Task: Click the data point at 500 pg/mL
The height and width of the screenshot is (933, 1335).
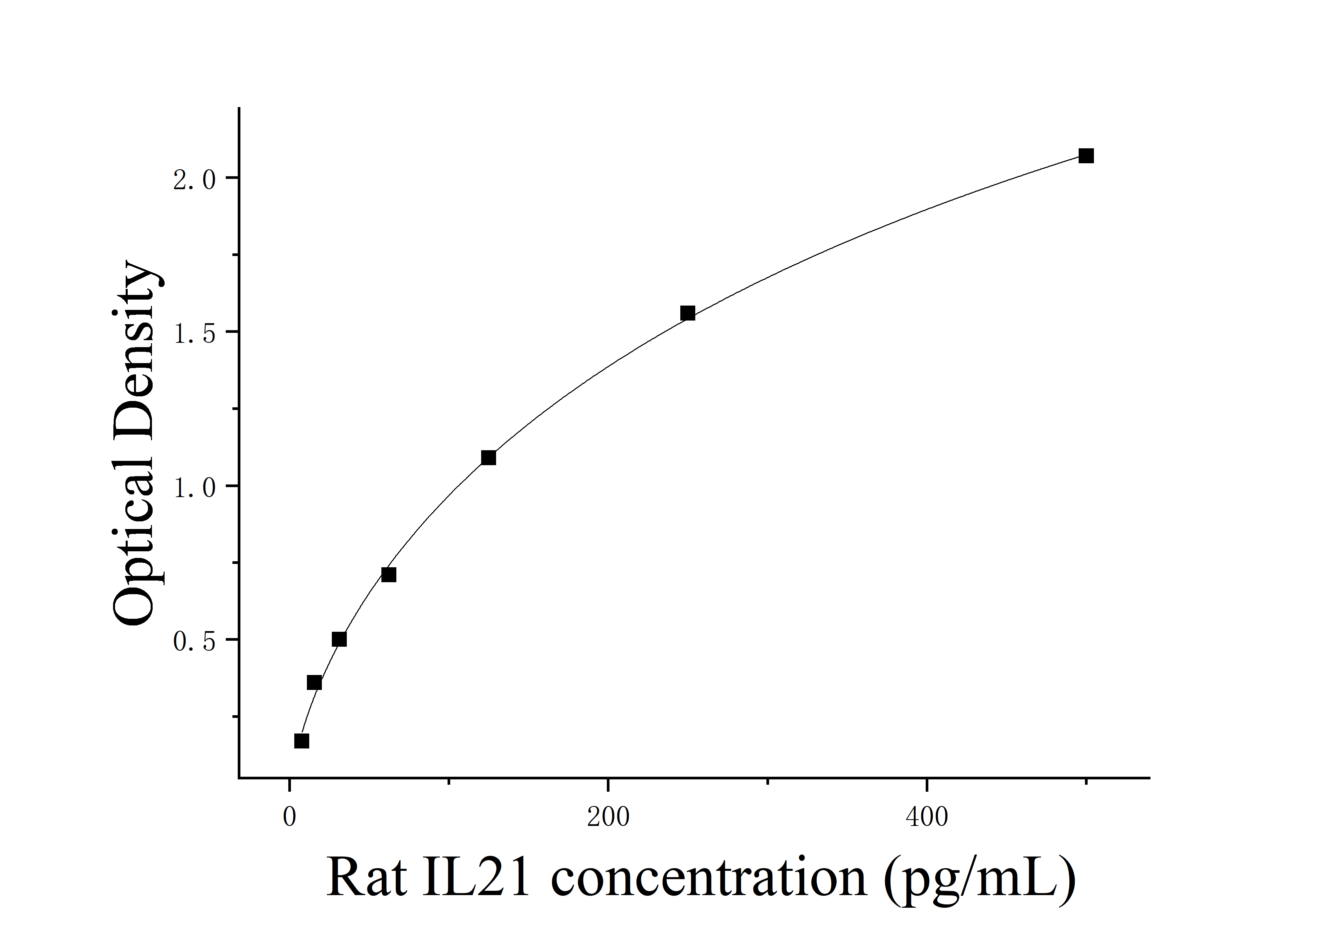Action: click(1086, 156)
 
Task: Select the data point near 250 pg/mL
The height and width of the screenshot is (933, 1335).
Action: click(687, 313)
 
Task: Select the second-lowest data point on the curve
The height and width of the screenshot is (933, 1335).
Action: click(314, 682)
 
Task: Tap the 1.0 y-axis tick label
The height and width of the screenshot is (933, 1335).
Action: click(194, 488)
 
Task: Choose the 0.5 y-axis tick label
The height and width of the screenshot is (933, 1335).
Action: click(194, 642)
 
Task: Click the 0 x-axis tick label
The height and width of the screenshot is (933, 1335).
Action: click(289, 817)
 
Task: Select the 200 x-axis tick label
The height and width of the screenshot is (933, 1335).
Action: click(607, 817)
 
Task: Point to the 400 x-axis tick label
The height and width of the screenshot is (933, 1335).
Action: click(926, 817)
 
